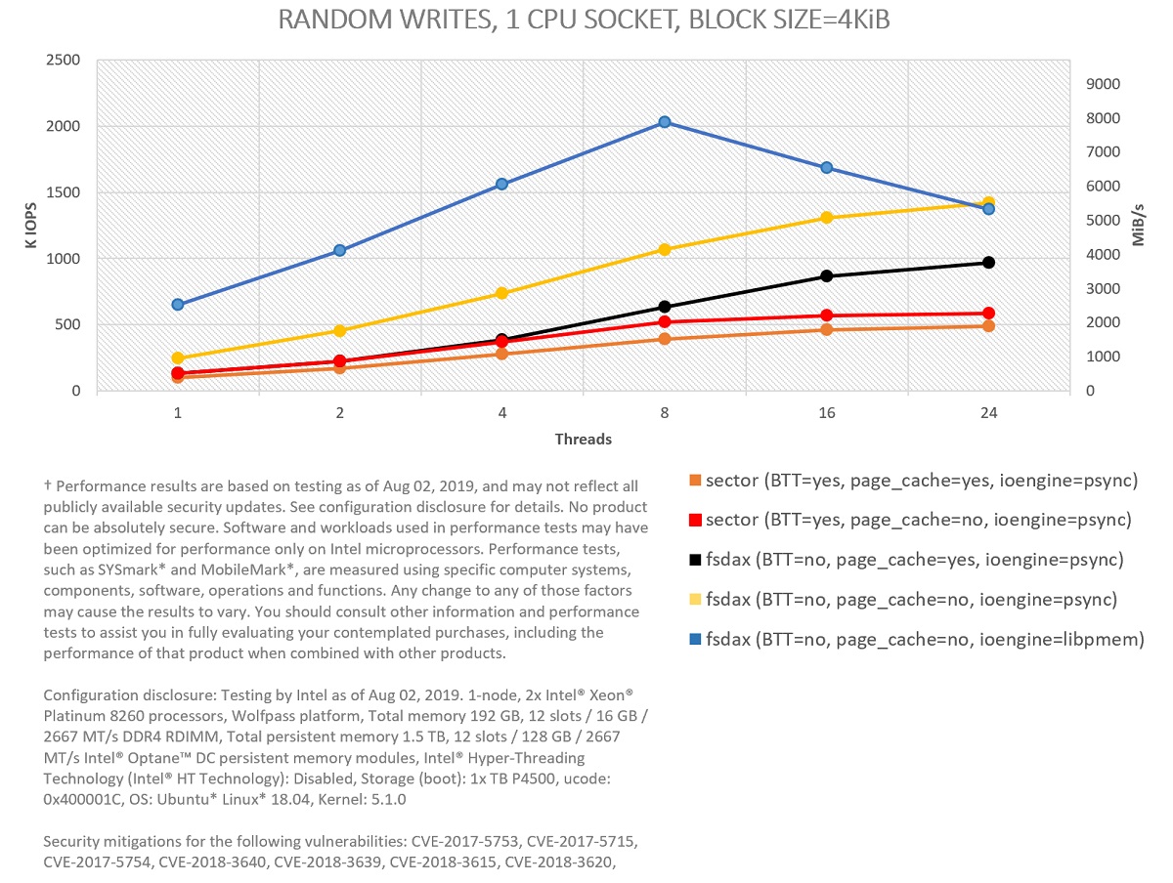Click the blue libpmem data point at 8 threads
click(664, 122)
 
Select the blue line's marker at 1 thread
click(178, 305)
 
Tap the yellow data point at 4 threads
click(501, 293)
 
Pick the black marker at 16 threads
click(827, 276)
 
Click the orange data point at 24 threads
click(988, 326)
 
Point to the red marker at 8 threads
click(664, 322)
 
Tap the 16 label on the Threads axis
click(827, 413)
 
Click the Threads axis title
click(583, 440)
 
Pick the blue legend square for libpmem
click(695, 641)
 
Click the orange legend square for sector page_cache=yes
click(695, 481)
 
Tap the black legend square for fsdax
click(695, 561)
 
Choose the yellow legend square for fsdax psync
click(695, 601)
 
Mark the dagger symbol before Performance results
click(47, 485)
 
